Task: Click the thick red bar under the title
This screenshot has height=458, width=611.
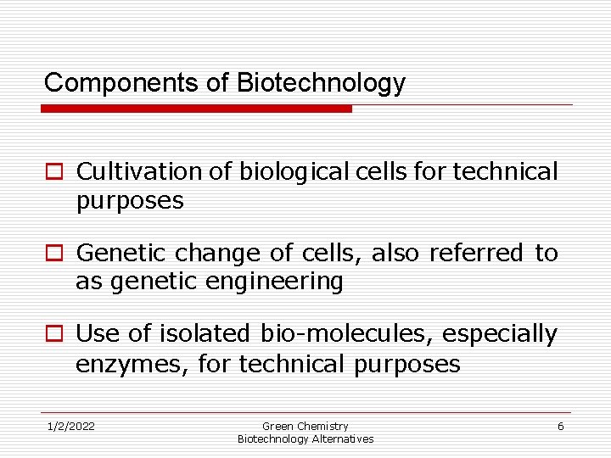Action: (196, 109)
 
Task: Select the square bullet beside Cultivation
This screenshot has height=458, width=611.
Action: (53, 172)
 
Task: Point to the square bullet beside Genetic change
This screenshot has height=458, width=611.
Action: (53, 254)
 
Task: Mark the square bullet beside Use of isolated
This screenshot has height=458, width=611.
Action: (53, 335)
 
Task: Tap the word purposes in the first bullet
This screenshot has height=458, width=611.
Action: (129, 201)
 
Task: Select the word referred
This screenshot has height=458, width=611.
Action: (476, 254)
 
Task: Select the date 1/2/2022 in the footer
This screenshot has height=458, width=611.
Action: (70, 426)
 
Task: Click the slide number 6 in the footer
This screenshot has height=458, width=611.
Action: (560, 426)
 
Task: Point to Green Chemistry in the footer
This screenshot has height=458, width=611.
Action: (305, 426)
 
